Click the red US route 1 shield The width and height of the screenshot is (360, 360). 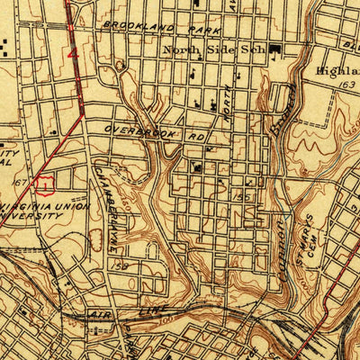tap(43, 184)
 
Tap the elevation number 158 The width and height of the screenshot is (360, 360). tap(120, 266)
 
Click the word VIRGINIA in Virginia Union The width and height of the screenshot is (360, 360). tap(31, 203)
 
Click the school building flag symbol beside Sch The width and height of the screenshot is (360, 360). tap(274, 52)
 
